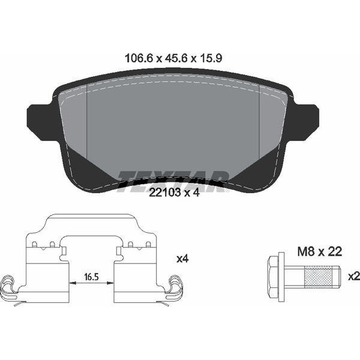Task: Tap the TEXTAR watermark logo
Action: (173, 177)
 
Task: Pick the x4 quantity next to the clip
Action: (183, 259)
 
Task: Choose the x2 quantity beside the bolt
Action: (353, 276)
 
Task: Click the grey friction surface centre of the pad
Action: (173, 126)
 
